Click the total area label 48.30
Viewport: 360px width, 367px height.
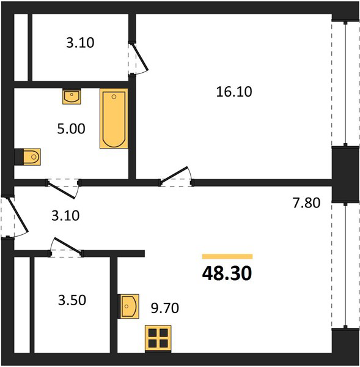tap(227, 273)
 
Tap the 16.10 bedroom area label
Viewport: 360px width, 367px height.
tap(234, 92)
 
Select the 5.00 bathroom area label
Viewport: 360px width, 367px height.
tap(71, 129)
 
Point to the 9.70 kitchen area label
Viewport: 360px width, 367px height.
tap(165, 308)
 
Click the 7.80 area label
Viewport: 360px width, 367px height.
tap(306, 202)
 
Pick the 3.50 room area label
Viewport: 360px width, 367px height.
tap(72, 300)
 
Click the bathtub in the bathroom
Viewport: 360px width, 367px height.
tap(114, 119)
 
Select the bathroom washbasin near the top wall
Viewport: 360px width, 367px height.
tap(72, 96)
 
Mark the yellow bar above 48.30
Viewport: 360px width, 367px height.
tap(227, 256)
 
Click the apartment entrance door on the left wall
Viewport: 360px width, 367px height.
tap(18, 215)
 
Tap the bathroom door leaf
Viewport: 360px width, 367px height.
tap(61, 190)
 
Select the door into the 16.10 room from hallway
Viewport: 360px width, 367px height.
tap(174, 174)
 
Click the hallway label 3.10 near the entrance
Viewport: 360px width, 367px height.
tap(65, 216)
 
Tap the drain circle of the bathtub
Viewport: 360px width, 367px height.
tap(114, 97)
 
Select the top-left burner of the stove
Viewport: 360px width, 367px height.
tap(152, 333)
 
